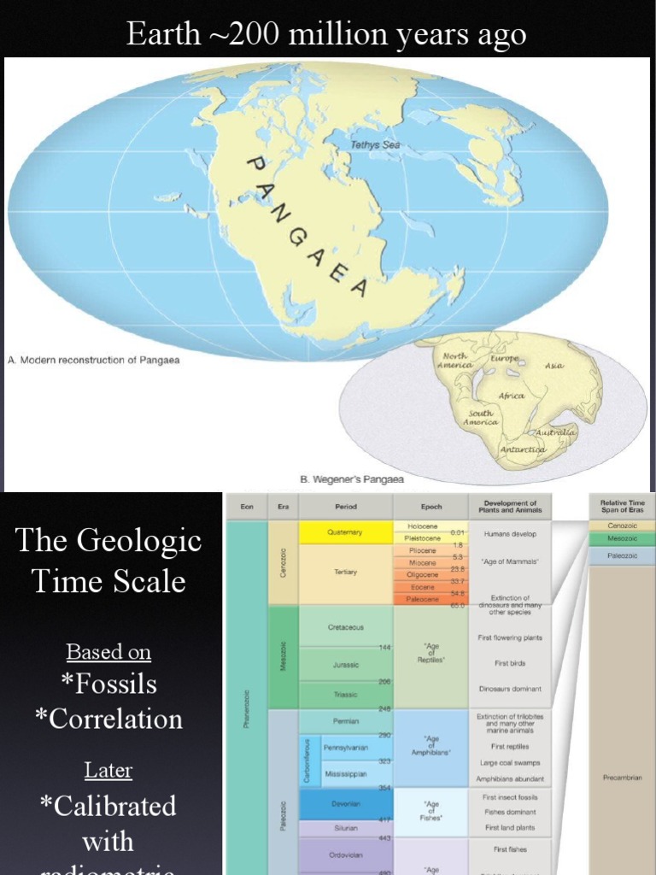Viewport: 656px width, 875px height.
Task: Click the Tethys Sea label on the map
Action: tap(375, 145)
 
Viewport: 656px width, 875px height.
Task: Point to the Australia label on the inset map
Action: tap(556, 433)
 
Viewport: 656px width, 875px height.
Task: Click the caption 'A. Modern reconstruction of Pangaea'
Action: tap(94, 360)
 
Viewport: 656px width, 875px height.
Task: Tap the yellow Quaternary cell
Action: tap(344, 532)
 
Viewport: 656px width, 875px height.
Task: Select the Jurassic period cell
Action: tap(344, 664)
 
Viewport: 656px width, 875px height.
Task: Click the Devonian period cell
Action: tap(344, 803)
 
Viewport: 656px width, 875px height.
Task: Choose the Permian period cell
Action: tap(344, 720)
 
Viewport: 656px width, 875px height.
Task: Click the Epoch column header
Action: tap(431, 507)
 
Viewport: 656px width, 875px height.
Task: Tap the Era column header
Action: tap(282, 507)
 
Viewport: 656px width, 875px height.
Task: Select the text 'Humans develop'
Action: tap(509, 532)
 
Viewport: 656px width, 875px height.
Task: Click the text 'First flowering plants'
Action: tap(509, 637)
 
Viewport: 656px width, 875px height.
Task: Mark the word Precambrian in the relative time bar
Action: tap(622, 778)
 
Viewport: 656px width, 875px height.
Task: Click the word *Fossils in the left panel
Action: tap(108, 684)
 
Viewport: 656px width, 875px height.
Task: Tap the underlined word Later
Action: tap(108, 770)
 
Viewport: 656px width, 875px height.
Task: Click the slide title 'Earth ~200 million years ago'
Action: tap(326, 34)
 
